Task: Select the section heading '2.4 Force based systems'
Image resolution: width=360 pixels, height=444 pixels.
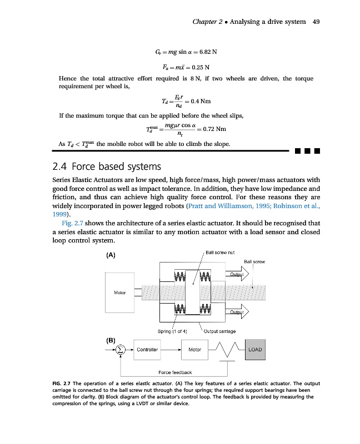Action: [x=106, y=166]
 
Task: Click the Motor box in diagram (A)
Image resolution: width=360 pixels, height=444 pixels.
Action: [x=119, y=292]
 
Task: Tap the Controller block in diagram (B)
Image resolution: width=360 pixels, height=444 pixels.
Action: [x=148, y=350]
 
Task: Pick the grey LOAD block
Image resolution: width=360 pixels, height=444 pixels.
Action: [x=255, y=350]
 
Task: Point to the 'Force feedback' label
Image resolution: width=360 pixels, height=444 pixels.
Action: [x=175, y=372]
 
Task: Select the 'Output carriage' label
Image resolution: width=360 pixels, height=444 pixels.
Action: [x=221, y=331]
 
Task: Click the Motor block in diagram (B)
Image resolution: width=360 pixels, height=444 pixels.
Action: [x=194, y=350]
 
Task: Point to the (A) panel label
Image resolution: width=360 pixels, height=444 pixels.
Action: [x=110, y=255]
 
